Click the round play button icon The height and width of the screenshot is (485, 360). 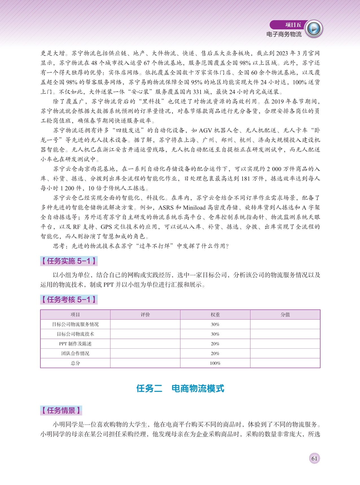coord(314,29)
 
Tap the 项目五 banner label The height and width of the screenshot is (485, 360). coord(293,25)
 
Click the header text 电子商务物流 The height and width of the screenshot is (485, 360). coord(284,34)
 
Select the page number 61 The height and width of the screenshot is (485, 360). coord(314,458)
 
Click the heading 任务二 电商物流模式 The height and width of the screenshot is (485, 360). coord(180,389)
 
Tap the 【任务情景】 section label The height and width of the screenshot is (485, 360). coord(61,410)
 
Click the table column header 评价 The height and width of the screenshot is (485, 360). coord(145,315)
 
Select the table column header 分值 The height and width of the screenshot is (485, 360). coord(285,315)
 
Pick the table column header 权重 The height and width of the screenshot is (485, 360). coord(215,315)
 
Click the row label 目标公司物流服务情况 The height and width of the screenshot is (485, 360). coord(75,324)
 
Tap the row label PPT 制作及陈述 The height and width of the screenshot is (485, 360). coord(75,344)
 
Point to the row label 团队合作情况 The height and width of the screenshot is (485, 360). coord(75,353)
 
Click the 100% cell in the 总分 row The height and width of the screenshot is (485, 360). coord(215,363)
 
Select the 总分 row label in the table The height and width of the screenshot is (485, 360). coord(75,363)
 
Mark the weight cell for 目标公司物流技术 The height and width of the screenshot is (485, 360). coord(215,334)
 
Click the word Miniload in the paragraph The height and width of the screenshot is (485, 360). coord(194,208)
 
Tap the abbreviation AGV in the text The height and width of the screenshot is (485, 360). coord(206,130)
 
